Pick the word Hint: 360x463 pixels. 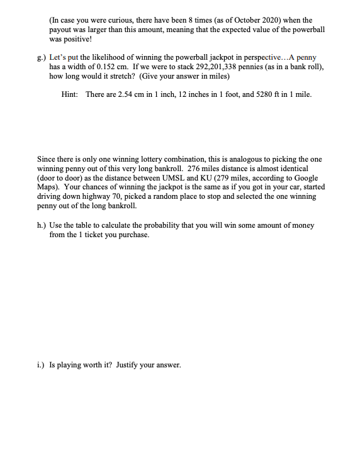69,94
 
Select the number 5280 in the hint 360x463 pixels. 252,94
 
